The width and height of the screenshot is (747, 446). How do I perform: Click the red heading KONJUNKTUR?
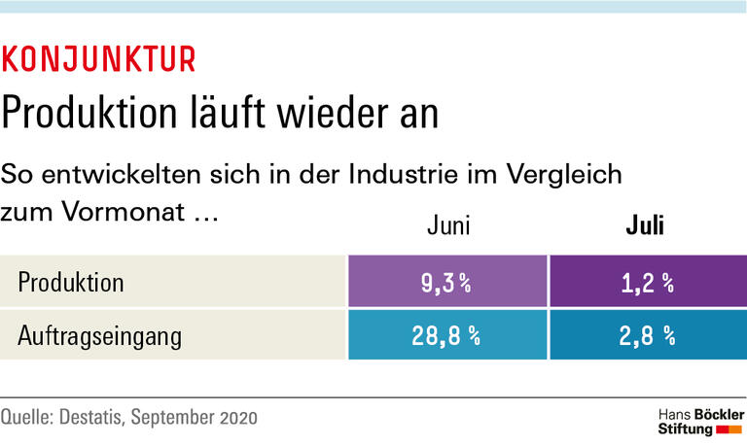tap(98, 59)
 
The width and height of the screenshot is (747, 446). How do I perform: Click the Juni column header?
tap(448, 227)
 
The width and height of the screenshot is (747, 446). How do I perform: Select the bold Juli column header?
tap(644, 227)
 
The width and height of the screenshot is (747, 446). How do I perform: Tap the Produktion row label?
tap(71, 283)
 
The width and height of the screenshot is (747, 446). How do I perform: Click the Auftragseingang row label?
tap(100, 336)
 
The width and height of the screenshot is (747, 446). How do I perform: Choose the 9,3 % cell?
tap(446, 283)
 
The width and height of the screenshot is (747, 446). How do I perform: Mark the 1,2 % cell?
tap(646, 283)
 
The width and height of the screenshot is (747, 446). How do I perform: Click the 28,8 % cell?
tap(446, 336)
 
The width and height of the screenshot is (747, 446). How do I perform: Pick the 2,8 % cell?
tap(646, 336)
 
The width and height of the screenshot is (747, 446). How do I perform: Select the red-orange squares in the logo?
tap(729, 428)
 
